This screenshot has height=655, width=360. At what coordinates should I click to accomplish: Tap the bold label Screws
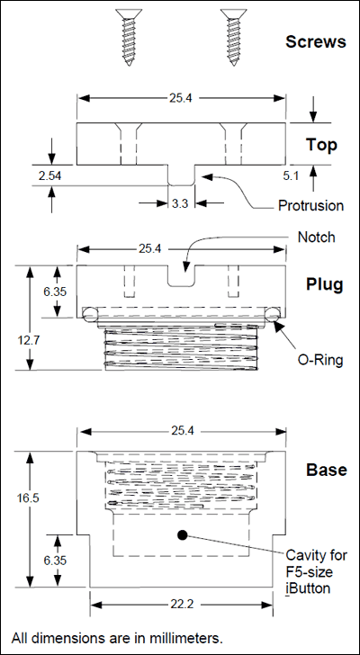315,41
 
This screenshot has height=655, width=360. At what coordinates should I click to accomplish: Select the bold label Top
320,144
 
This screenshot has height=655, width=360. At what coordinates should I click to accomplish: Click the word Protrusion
310,205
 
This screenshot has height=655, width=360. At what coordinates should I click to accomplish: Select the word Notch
317,238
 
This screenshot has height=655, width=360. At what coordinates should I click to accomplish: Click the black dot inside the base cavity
182,535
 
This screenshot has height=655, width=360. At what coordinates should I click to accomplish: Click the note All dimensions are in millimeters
116,637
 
